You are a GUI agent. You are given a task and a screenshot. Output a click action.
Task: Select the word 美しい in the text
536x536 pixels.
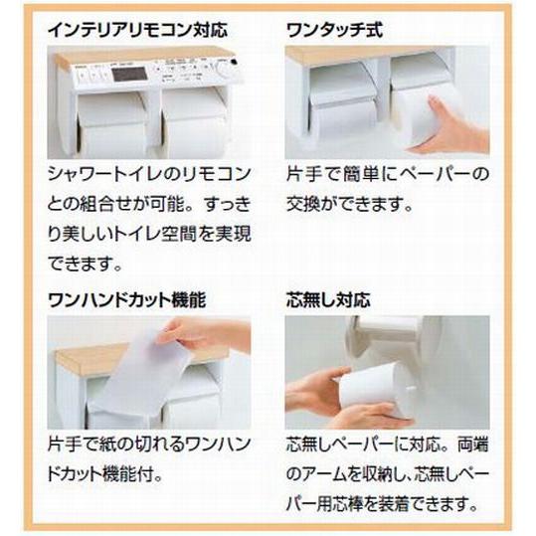tap(95, 237)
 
